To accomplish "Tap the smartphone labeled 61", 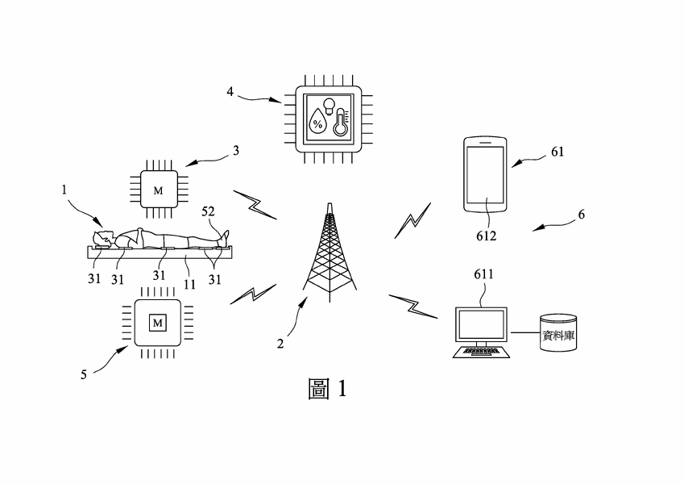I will pyautogui.click(x=485, y=176).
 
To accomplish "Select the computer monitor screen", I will pyautogui.click(x=482, y=325).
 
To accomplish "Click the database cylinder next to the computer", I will pyautogui.click(x=559, y=332).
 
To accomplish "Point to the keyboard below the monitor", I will pyautogui.click(x=482, y=352).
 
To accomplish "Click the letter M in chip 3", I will pyautogui.click(x=158, y=190).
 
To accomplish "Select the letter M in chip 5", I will pyautogui.click(x=158, y=323).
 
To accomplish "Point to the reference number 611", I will pyautogui.click(x=483, y=275).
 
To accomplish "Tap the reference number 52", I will pyautogui.click(x=209, y=213).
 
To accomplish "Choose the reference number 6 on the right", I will pyautogui.click(x=581, y=215).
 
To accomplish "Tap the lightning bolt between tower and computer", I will pyautogui.click(x=413, y=305).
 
